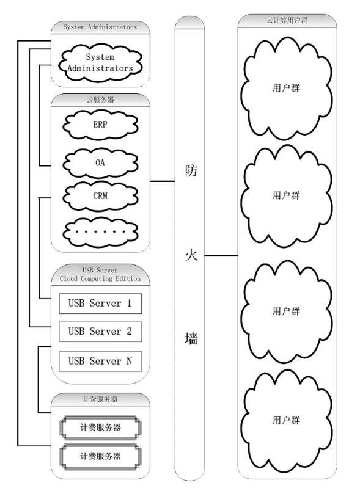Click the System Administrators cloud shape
(x=100, y=62)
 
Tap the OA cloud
(x=100, y=163)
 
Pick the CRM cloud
(x=100, y=196)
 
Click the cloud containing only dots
(x=100, y=231)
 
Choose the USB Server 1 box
(x=100, y=304)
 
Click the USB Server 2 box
(x=100, y=332)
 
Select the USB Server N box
(x=100, y=361)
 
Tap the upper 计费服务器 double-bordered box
(x=100, y=427)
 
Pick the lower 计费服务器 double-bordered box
(x=100, y=456)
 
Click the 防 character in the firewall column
(x=191, y=172)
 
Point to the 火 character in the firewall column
(x=191, y=255)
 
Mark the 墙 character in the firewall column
(x=191, y=339)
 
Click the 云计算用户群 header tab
(x=287, y=20)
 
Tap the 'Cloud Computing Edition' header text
(x=100, y=278)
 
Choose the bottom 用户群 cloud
(x=286, y=421)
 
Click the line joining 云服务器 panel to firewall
(x=163, y=181)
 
